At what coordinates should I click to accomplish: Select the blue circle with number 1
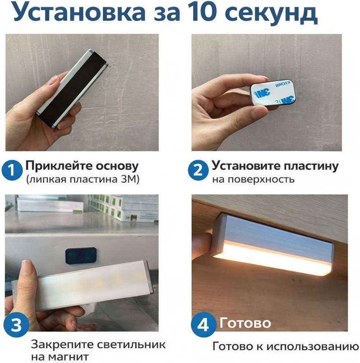click(x=12, y=171)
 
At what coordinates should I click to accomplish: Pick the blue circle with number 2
click(x=198, y=171)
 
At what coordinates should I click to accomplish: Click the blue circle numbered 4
click(x=204, y=324)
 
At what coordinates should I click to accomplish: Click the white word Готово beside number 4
click(x=245, y=323)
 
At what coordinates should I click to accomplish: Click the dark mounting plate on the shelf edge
click(x=81, y=256)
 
